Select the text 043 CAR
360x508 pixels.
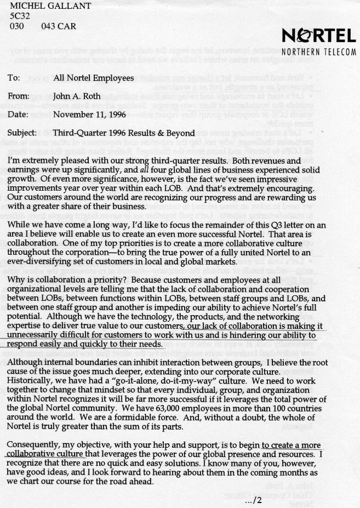(59, 26)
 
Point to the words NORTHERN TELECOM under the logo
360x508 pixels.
(318, 53)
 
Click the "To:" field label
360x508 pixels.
(14, 78)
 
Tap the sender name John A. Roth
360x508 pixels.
(76, 96)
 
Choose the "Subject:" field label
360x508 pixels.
(22, 133)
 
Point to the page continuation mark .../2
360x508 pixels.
(255, 500)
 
